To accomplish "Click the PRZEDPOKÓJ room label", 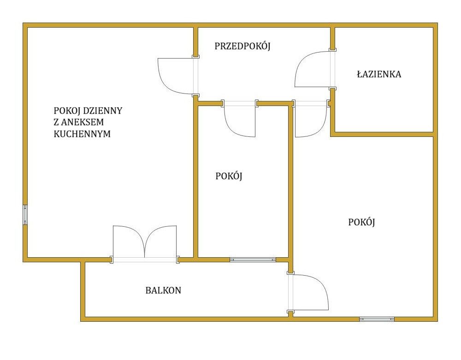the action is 242,46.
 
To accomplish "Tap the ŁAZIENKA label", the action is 379,74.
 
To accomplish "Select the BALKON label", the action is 163,290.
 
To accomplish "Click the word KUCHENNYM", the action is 82,134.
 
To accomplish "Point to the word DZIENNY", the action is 103,111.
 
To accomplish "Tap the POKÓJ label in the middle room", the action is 229,176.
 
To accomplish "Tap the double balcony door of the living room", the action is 145,242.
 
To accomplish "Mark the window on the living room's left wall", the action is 25,215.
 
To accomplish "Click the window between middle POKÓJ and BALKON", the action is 253,260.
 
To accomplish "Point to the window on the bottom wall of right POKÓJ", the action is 377,319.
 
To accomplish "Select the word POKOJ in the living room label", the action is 67,111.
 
